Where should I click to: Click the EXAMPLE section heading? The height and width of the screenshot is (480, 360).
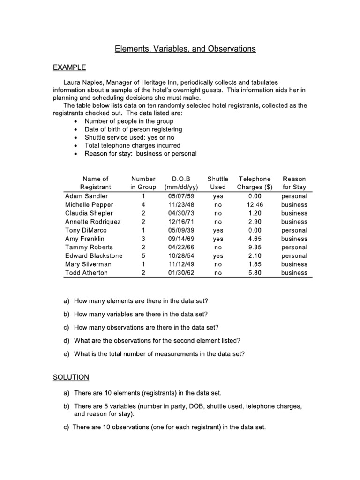point(70,68)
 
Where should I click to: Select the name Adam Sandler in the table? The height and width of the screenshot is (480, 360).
point(86,196)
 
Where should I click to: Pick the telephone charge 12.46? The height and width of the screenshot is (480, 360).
point(255,205)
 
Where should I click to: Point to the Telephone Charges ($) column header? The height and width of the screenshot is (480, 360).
point(255,183)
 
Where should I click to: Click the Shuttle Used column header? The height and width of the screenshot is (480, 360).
point(217,183)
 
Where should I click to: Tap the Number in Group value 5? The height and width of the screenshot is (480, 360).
point(143,256)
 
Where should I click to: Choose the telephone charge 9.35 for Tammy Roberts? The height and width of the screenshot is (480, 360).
point(255,247)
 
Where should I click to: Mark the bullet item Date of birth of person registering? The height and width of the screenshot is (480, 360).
point(133,129)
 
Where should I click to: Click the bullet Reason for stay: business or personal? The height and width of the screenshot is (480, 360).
point(140,153)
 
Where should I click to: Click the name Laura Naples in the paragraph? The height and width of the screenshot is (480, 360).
point(83,82)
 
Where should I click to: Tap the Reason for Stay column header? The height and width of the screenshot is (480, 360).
point(294,183)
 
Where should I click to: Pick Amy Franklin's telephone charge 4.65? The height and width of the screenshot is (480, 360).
point(255,239)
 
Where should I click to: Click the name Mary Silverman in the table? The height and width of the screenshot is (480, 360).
point(88,264)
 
